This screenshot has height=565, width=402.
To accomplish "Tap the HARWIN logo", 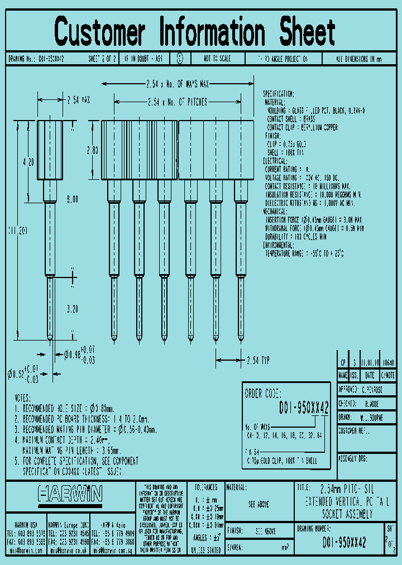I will click(x=70, y=494).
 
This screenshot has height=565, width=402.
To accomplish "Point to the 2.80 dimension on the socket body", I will click(x=93, y=150).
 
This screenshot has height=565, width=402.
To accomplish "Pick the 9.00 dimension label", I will click(x=72, y=199).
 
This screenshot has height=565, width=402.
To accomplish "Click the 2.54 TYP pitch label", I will click(x=258, y=361).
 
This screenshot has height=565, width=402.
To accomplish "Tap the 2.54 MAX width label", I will click(x=78, y=100).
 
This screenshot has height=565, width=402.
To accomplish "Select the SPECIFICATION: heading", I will click(x=279, y=94).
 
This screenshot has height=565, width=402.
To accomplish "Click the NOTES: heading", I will click(x=23, y=398).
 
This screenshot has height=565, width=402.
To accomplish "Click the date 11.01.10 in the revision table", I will click(x=369, y=362).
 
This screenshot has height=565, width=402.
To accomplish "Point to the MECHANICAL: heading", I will click(x=280, y=212).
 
